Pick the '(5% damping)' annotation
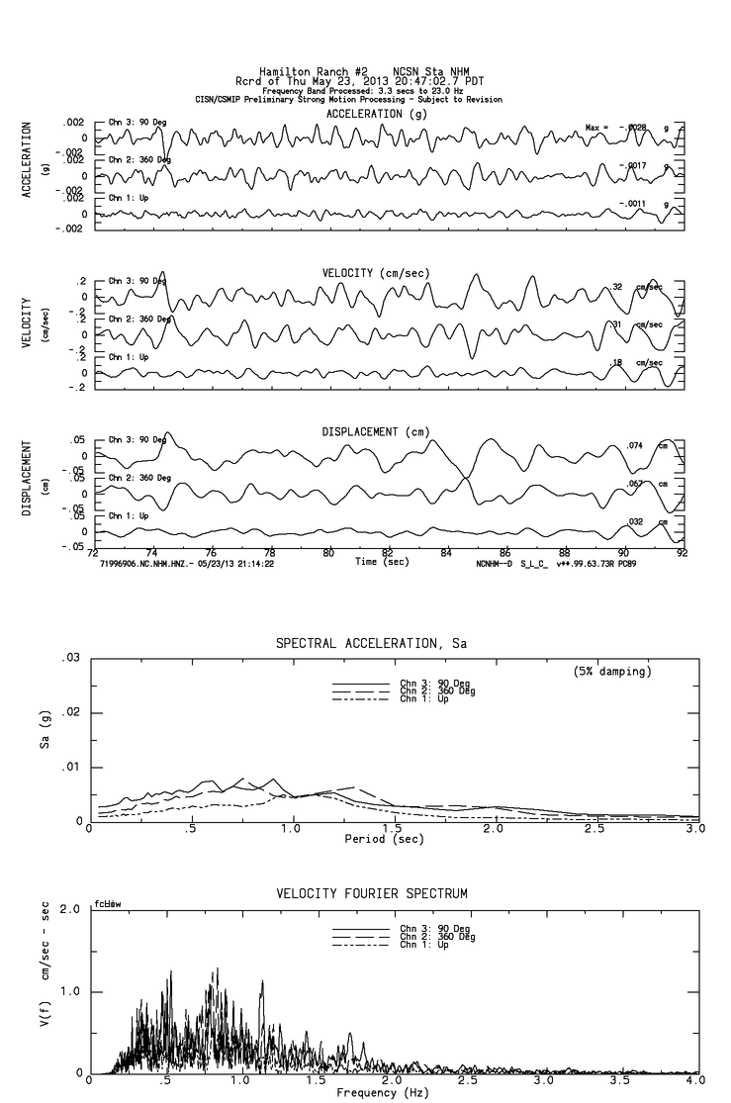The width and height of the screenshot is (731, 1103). (x=610, y=672)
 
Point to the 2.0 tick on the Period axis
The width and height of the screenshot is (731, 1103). (x=495, y=829)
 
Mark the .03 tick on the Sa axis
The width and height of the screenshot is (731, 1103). (x=70, y=658)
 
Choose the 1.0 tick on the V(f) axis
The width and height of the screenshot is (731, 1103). (x=70, y=991)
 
